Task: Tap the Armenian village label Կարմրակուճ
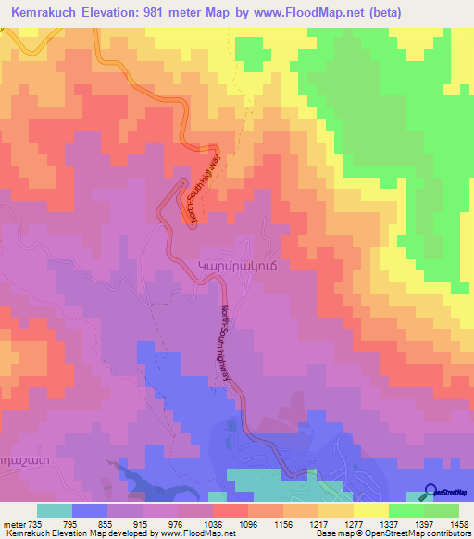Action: click(238, 265)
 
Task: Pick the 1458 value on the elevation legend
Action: click(457, 523)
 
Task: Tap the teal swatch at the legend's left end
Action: click(55, 510)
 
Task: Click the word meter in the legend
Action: click(13, 523)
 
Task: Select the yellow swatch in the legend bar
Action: click(370, 510)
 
